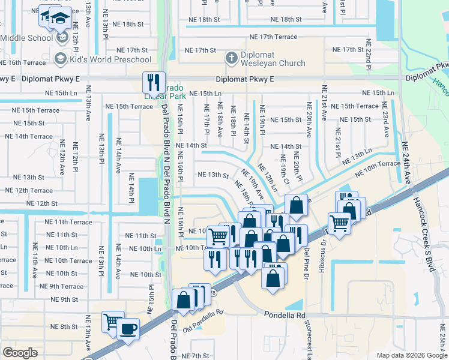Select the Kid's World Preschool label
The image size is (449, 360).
[x=110, y=59]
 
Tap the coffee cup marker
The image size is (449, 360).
[x=127, y=329]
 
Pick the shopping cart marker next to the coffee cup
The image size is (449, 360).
[x=112, y=322]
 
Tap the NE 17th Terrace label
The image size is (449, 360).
[x=273, y=37]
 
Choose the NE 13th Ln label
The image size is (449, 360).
[x=357, y=157]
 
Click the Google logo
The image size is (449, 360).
[x=20, y=353]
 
